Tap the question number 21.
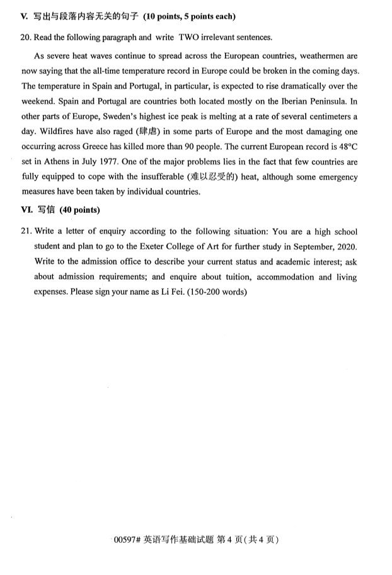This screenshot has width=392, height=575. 26,231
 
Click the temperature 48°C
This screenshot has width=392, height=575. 345,146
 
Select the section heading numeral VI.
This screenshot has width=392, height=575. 26,209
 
